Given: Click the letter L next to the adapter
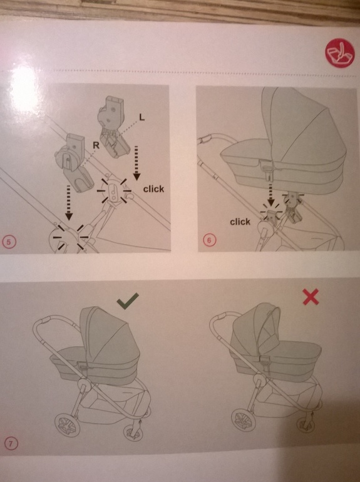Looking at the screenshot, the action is (141, 117).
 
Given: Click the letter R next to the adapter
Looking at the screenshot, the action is (96, 145).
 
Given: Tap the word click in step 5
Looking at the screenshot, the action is (153, 189).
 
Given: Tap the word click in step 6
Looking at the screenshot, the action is (240, 222).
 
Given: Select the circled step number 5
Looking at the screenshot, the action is (9, 242).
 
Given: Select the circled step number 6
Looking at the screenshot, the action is (209, 240).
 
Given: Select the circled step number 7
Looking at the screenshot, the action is (11, 444).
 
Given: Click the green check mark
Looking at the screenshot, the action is (127, 300).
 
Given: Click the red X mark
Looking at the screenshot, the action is (311, 297).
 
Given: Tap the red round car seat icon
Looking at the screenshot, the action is (341, 52).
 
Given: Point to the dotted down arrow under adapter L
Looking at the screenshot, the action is (136, 163).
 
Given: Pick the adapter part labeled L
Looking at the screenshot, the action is (113, 128).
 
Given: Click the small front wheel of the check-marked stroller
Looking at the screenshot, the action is (133, 432).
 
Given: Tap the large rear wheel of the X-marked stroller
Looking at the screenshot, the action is (243, 421).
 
